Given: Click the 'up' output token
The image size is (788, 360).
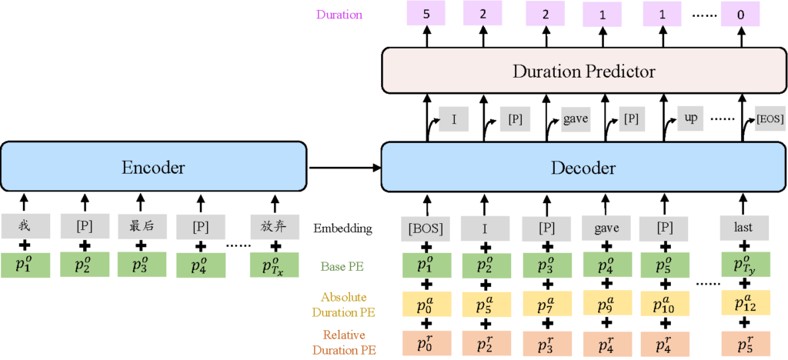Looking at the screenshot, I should click(691, 121).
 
